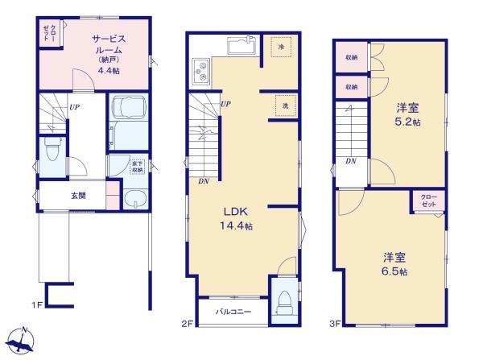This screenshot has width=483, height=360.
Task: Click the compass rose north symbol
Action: tap(19, 340)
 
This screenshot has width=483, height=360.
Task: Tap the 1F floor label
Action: tap(37, 305)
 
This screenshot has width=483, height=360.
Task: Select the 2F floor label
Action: tap(188, 324)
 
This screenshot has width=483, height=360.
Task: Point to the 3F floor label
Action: tap(335, 324)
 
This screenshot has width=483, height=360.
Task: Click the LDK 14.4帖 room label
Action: tap(236, 218)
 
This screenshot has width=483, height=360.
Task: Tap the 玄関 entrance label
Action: tap(79, 196)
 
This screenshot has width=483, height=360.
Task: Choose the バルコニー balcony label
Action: tap(233, 312)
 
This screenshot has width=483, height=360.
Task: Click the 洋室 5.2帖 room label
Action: tap(408, 114)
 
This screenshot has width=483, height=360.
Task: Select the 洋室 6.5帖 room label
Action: tap(394, 264)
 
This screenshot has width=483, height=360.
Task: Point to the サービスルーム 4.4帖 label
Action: tap(109, 55)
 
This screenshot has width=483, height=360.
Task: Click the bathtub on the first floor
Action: tap(129, 106)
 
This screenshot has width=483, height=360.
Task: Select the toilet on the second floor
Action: tap(284, 302)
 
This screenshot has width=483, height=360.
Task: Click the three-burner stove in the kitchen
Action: tap(200, 72)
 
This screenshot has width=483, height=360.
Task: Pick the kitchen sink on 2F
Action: tap(242, 46)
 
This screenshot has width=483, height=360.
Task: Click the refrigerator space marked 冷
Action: tap(281, 47)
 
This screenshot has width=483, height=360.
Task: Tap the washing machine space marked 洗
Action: tap(286, 106)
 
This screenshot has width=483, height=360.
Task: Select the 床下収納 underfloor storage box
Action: tap(137, 167)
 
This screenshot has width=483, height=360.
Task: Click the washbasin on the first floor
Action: tap(135, 199)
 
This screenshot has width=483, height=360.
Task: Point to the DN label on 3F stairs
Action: tap(351, 161)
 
